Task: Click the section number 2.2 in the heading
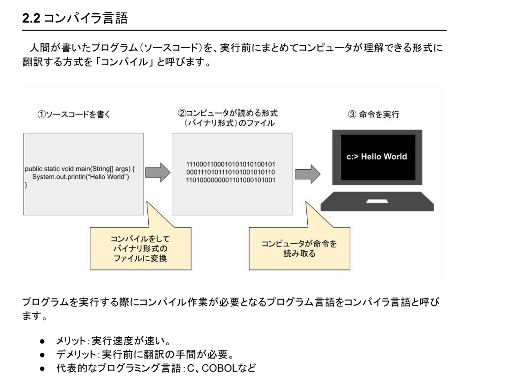pos(31,18)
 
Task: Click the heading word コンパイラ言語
pos(85,18)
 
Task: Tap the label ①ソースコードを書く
pos(74,114)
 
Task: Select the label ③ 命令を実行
pos(373,114)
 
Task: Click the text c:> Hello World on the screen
pos(377,157)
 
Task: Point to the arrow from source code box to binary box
pos(157,173)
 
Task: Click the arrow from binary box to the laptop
pos(307,174)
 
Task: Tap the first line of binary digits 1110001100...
pos(231,164)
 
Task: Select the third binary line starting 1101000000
pos(231,180)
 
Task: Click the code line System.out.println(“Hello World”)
pos(81,177)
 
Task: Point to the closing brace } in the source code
pos(26,185)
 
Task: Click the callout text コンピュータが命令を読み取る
pos(299,248)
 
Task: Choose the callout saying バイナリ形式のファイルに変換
pos(140,248)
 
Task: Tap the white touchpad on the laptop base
pos(377,201)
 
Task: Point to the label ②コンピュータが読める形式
pos(228,113)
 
